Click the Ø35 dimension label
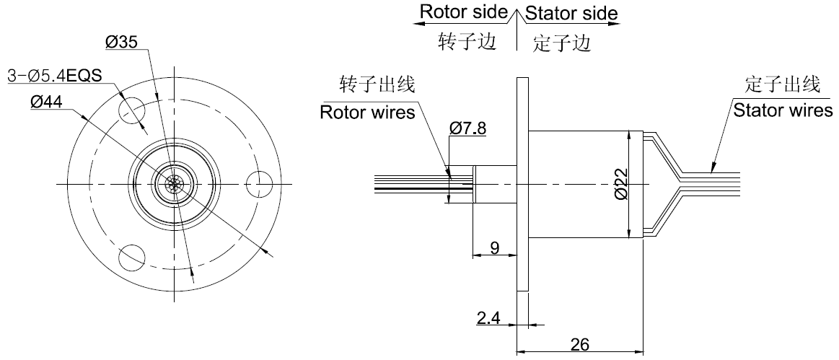[121, 43]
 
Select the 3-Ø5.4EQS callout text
[54, 75]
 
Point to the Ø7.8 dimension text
[467, 128]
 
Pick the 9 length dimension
[494, 247]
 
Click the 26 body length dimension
[579, 345]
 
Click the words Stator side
[571, 13]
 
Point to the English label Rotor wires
[367, 113]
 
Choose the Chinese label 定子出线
[782, 86]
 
